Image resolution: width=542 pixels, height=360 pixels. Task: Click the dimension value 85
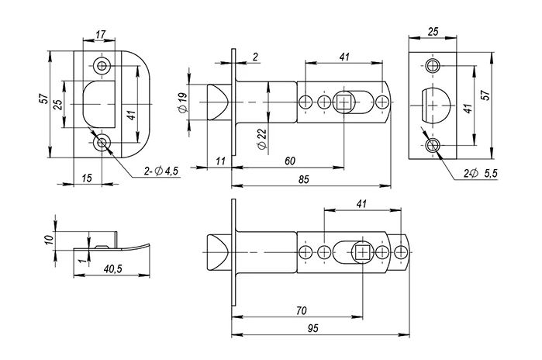click(304, 179)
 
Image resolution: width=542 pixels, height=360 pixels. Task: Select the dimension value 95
click(312, 328)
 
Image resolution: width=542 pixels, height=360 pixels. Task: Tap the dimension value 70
click(302, 310)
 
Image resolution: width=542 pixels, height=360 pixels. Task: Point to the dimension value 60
click(290, 161)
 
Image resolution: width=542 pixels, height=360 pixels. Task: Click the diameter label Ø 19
click(183, 102)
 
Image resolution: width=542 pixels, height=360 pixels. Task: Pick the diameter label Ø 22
click(262, 139)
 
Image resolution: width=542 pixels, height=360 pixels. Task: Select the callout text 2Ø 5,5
click(480, 173)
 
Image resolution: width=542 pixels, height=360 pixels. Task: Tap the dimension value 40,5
click(113, 268)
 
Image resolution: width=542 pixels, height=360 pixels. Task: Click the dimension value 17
click(100, 35)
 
